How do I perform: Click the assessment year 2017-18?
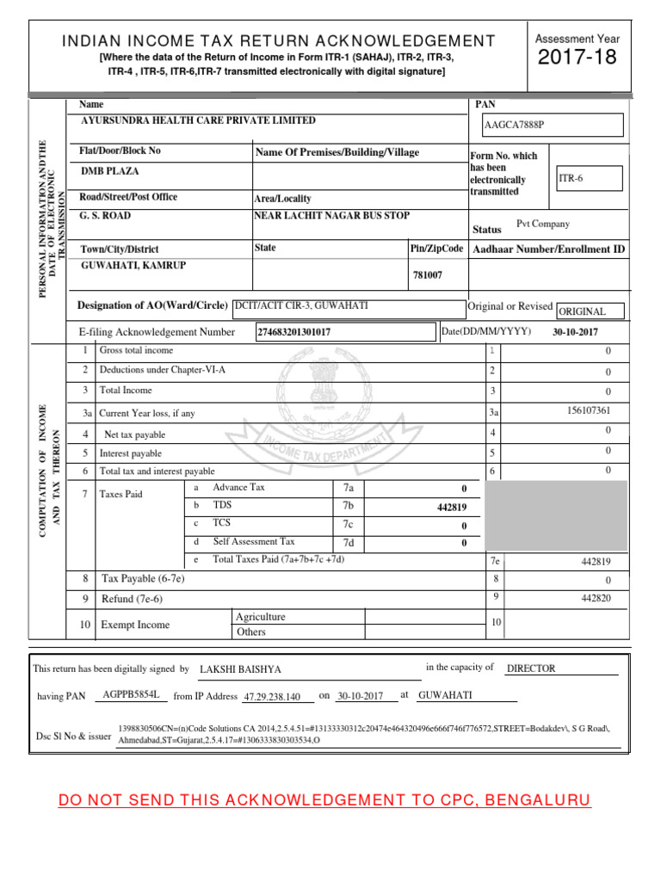click(577, 59)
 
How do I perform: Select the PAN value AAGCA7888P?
click(515, 126)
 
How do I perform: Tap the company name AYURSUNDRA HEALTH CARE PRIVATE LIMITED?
click(198, 121)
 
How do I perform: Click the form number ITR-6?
click(571, 178)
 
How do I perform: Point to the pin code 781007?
click(429, 275)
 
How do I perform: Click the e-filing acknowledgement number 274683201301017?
click(293, 332)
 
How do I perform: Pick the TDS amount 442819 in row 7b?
click(452, 508)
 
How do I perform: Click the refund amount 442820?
click(596, 598)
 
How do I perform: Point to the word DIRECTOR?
click(531, 668)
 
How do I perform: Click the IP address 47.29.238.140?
click(272, 697)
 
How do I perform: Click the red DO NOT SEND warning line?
click(324, 801)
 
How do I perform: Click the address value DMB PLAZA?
click(109, 171)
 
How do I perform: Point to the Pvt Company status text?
click(542, 224)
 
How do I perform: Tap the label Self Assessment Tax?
click(254, 542)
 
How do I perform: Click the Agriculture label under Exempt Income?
click(260, 617)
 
